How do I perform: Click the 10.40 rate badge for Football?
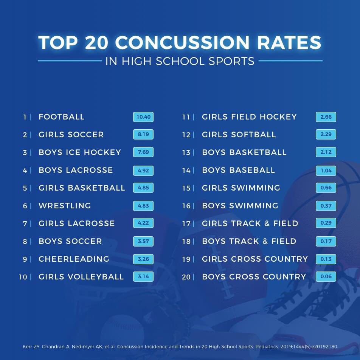coord(143,117)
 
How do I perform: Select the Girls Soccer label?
coord(71,135)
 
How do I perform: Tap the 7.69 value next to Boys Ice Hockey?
coord(143,152)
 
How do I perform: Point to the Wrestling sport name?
coord(65,205)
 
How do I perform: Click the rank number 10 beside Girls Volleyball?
coord(23,277)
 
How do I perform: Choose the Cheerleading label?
coord(74,259)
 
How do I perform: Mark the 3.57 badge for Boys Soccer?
coord(143,241)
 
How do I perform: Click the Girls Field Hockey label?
coord(249,117)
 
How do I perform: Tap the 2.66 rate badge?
coord(326,117)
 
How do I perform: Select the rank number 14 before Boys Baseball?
coord(186,170)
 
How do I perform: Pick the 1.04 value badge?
coord(326,171)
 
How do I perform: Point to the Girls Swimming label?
coord(241,188)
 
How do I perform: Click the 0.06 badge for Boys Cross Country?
coord(326,276)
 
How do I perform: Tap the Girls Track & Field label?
coord(250,223)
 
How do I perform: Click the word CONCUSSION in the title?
coord(182,42)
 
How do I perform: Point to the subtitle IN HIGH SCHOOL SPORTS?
coord(180,61)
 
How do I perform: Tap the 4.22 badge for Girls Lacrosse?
coord(143,223)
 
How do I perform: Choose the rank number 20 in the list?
coord(186,277)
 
